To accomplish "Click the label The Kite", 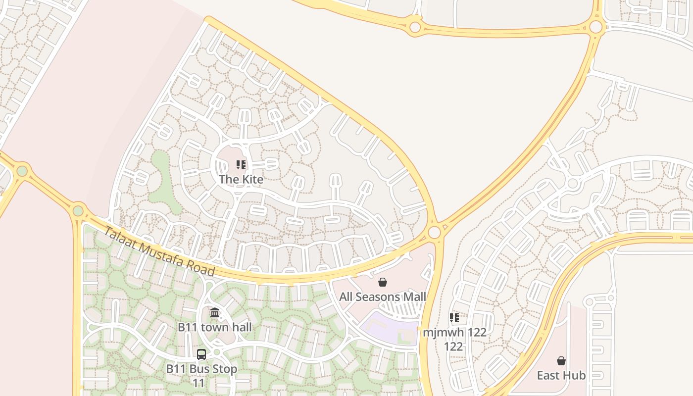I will click(241, 179).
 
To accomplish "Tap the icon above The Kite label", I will click(241, 165).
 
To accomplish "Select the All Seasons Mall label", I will click(383, 297).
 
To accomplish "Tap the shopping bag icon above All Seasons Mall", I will click(383, 283).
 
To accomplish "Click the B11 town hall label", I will click(215, 327).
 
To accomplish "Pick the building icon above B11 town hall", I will click(215, 313).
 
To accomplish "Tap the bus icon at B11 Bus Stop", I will click(201, 354).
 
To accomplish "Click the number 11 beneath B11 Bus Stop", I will click(198, 383).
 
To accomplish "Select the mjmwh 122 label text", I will click(454, 332).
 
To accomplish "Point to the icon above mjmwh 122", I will click(454, 318).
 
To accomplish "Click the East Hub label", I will click(561, 375).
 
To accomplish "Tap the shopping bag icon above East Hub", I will click(561, 361).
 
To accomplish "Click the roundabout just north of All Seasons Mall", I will click(435, 232).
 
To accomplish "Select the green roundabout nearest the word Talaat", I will click(78, 211).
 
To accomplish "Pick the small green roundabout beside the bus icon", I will click(216, 352).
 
